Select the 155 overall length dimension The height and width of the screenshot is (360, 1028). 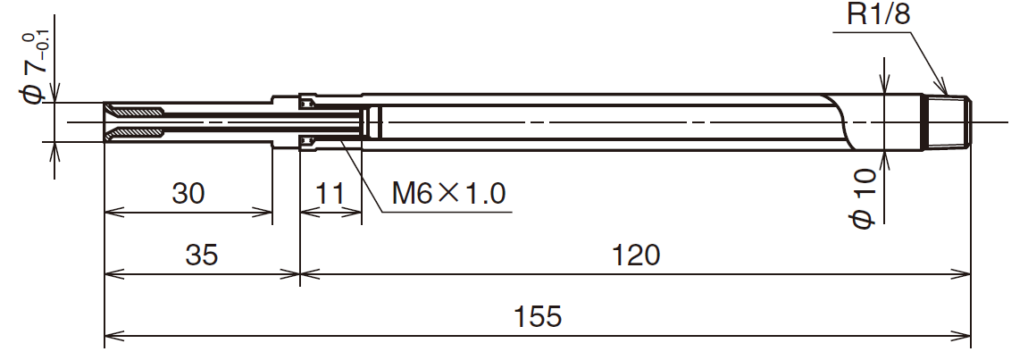click(x=538, y=317)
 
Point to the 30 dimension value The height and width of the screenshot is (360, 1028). click(x=188, y=192)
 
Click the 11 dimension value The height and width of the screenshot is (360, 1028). click(x=330, y=192)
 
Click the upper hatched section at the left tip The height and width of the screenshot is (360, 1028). click(x=137, y=111)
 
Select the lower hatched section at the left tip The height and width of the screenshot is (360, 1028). click(x=137, y=134)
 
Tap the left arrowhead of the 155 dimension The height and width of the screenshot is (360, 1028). click(x=111, y=338)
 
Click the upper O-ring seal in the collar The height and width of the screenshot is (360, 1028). click(x=306, y=105)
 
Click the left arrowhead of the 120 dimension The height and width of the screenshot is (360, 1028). click(x=305, y=274)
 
